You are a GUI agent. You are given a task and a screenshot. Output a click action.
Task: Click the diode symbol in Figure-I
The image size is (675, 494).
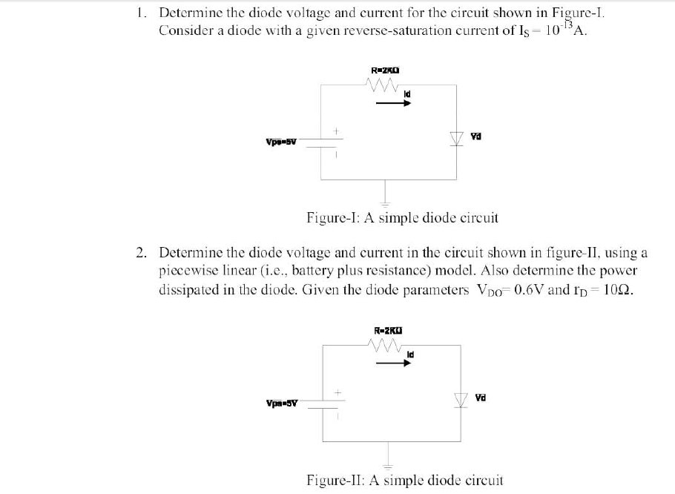pyautogui.click(x=455, y=138)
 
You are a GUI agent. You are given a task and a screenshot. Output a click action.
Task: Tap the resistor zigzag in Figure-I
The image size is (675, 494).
pyautogui.click(x=383, y=86)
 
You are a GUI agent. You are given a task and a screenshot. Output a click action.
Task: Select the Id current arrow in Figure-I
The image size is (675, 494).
pyautogui.click(x=393, y=103)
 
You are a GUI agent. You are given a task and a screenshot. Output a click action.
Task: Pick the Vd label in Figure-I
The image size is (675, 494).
pyautogui.click(x=476, y=136)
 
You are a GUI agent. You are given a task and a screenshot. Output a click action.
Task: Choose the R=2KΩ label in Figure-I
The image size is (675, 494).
pyautogui.click(x=385, y=71)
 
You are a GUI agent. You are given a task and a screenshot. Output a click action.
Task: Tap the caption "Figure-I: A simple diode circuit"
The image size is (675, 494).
pyautogui.click(x=402, y=218)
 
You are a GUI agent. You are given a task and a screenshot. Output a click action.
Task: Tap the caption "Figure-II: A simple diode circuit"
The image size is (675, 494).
pyautogui.click(x=405, y=480)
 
